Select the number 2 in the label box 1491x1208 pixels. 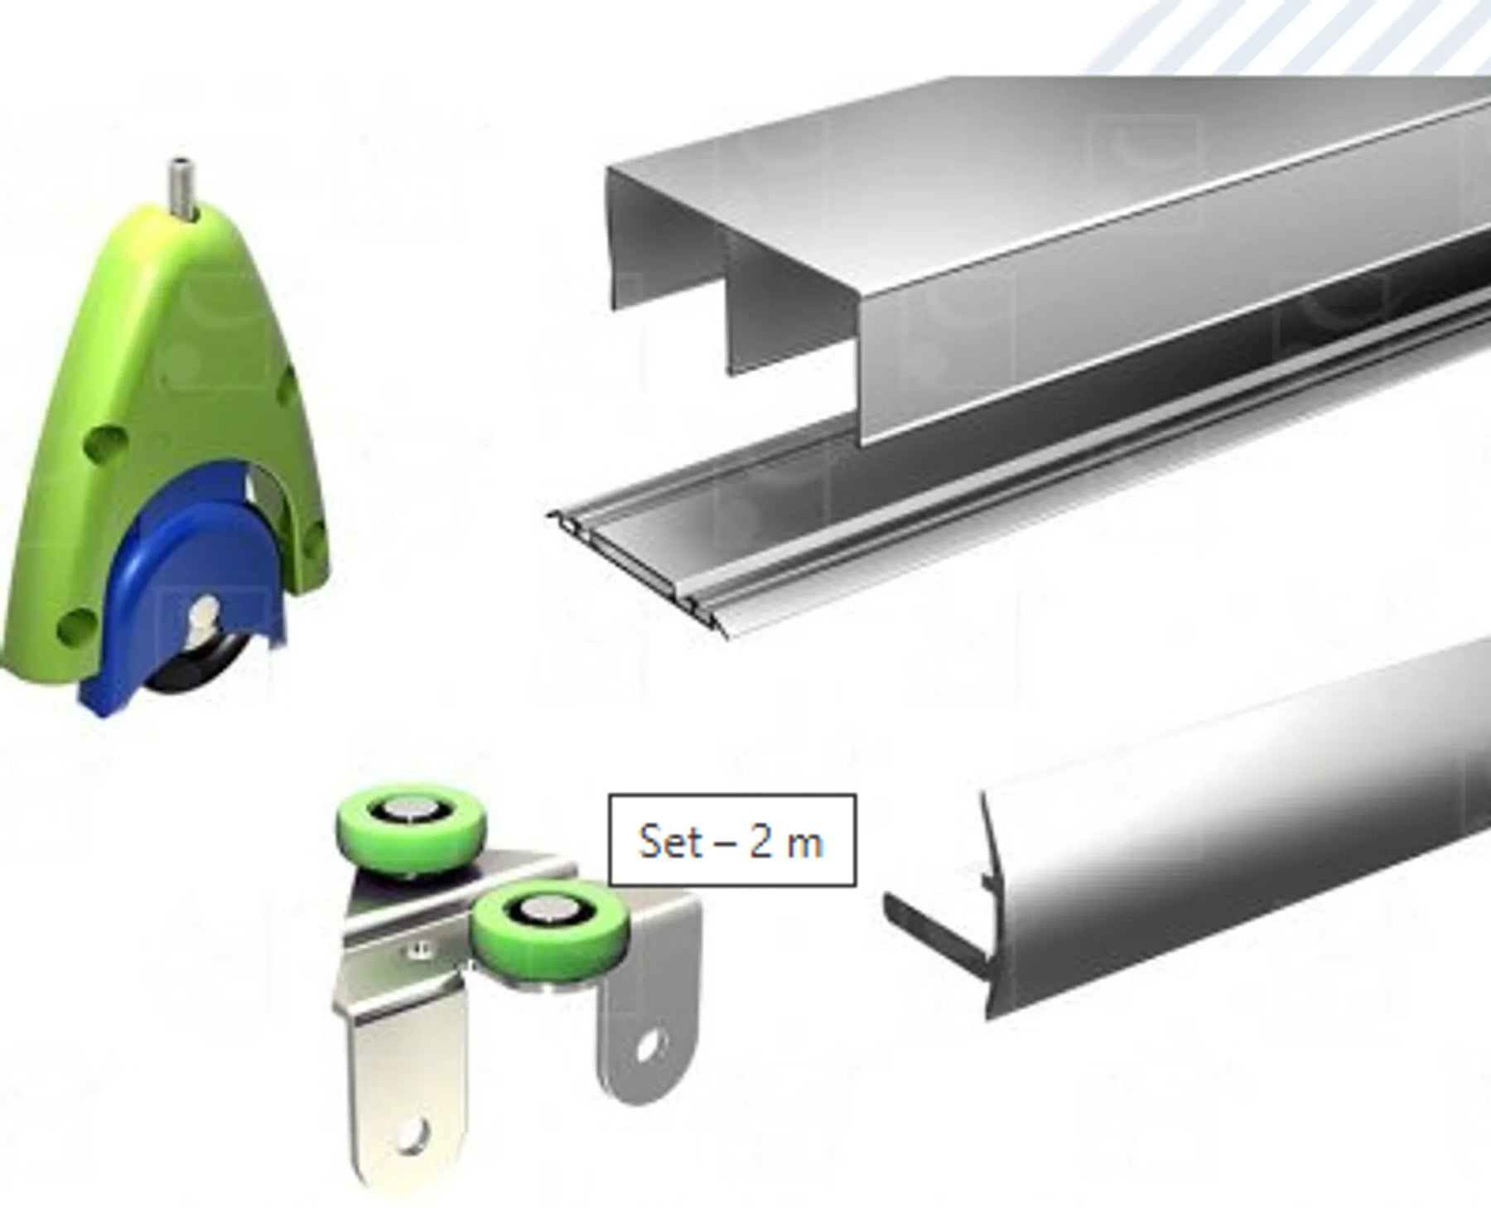(762, 841)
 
